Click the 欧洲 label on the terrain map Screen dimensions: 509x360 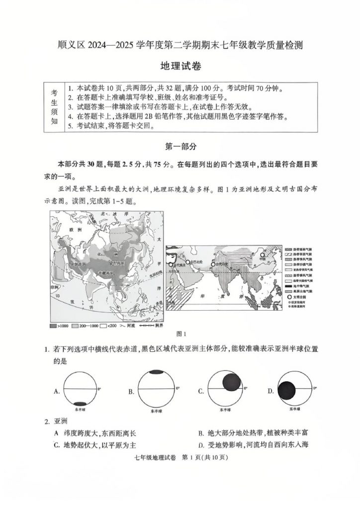[76, 230]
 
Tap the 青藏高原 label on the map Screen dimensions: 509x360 [106, 273]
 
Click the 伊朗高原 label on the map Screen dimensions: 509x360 [78, 264]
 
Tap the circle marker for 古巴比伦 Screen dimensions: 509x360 [187, 261]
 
